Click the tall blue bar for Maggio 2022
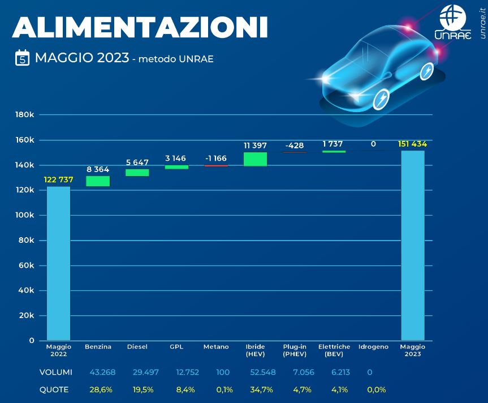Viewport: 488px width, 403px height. (x=58, y=263)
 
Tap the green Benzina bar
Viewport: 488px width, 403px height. (x=98, y=181)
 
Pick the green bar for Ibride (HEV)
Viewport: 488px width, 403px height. (x=255, y=159)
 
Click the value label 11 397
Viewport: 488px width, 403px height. (x=255, y=145)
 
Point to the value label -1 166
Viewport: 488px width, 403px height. (x=216, y=158)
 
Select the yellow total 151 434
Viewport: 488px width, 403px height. (x=413, y=144)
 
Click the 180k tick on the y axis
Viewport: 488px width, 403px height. (x=25, y=115)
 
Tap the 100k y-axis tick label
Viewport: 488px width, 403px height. (x=25, y=215)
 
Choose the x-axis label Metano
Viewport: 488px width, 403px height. (x=216, y=347)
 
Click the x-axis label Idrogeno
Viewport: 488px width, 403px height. (x=374, y=347)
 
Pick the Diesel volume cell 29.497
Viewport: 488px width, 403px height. (x=137, y=372)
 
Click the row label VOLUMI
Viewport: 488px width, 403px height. (x=55, y=372)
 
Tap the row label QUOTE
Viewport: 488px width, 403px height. (x=54, y=389)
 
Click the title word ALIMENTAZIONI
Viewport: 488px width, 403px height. (x=140, y=27)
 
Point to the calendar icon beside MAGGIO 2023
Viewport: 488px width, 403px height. (x=22, y=58)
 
